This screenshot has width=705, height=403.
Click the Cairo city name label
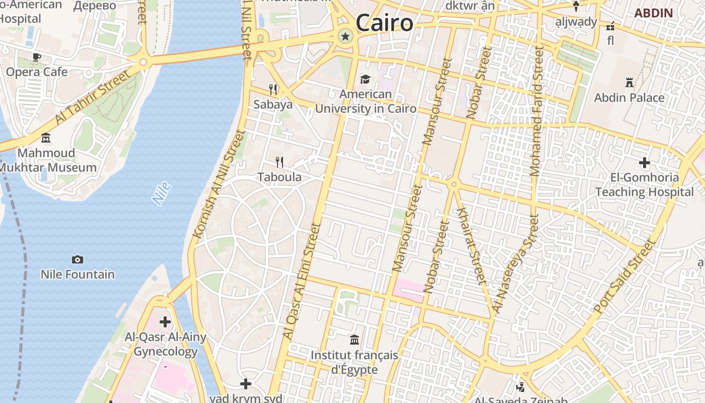coord(384,23)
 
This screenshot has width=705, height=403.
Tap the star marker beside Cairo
coord(345,36)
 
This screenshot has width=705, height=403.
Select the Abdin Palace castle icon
coord(629,82)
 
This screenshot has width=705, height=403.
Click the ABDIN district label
coord(654,13)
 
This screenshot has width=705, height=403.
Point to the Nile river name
coord(162,193)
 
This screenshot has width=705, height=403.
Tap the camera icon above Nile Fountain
coord(78,260)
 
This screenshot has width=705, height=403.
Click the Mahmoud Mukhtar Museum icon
coord(46,138)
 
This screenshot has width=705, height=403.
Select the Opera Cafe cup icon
coord(36,57)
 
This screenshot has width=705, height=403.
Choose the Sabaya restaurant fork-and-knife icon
coord(273,90)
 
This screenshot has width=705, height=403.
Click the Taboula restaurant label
coord(279,177)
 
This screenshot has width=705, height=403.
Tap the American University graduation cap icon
coord(365,80)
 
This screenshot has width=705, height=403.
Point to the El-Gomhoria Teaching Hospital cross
coord(644,163)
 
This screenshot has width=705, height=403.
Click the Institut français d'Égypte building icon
coord(355,340)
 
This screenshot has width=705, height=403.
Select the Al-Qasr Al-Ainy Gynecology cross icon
coord(165,322)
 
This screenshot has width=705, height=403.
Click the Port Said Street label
coord(625,276)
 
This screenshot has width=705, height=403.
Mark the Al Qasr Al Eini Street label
coord(302,281)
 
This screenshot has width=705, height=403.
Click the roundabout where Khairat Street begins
coord(454,184)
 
